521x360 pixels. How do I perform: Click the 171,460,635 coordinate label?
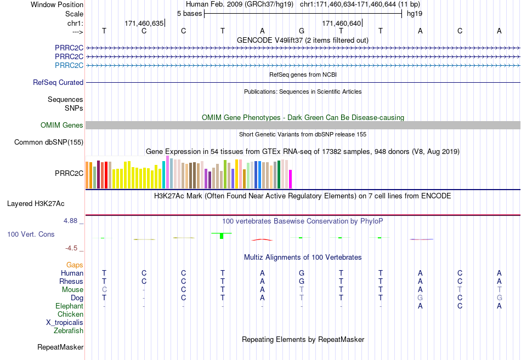(144, 23)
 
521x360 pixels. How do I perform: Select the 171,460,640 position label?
(341, 23)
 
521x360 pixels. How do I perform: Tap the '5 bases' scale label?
(189, 14)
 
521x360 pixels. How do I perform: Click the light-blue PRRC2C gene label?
(69, 65)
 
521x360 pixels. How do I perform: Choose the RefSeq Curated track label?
(58, 82)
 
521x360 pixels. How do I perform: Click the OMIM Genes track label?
(62, 125)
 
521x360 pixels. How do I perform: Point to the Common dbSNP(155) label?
(49, 142)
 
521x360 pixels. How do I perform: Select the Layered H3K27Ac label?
(36, 204)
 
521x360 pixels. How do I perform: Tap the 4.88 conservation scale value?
(70, 221)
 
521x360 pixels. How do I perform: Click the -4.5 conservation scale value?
(71, 248)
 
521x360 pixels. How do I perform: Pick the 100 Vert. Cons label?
(31, 234)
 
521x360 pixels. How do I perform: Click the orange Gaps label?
(75, 265)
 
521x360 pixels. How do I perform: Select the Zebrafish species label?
(69, 330)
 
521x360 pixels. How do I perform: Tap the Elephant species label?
(70, 306)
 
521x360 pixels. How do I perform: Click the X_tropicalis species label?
(65, 323)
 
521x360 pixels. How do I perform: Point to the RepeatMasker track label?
(60, 347)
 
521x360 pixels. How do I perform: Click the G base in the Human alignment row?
(302, 273)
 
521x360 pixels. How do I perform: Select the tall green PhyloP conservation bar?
(222, 236)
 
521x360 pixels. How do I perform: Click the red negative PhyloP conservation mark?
(262, 239)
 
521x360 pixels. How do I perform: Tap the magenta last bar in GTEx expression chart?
(291, 179)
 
